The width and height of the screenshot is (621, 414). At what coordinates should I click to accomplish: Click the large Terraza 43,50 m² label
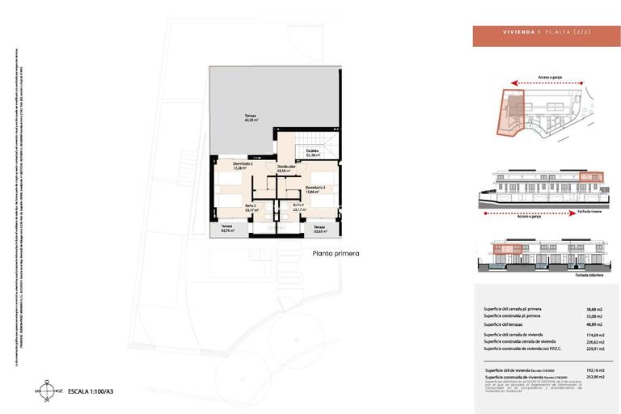pyautogui.click(x=251, y=118)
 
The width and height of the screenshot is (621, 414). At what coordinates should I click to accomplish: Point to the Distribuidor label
pyautogui.click(x=286, y=169)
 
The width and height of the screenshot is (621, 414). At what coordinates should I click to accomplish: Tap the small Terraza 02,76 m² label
pyautogui.click(x=227, y=230)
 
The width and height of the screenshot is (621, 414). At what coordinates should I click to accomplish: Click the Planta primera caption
pyautogui.click(x=335, y=253)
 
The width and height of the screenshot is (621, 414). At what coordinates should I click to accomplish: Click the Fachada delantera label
pyautogui.click(x=570, y=275)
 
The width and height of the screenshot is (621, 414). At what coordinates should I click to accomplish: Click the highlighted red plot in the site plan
pyautogui.click(x=509, y=112)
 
